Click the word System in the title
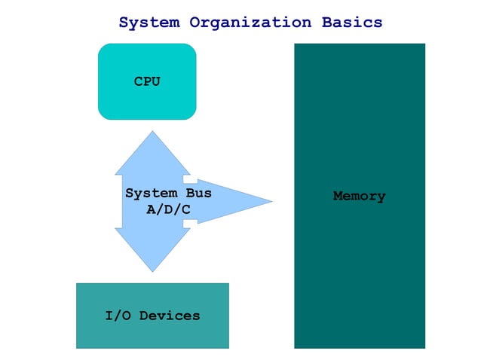coord(149,23)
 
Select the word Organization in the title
coord(250,23)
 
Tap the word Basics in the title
coord(352,23)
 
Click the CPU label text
coord(147,81)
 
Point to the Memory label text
coord(359,197)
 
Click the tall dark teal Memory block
coord(359,271)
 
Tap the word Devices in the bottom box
coord(170,316)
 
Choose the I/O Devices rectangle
coord(152,335)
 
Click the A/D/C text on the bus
coord(168,209)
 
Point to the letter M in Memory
coord(338,197)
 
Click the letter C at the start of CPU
coord(139,81)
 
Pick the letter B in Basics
coord(326,23)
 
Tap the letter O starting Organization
coord(193,23)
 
